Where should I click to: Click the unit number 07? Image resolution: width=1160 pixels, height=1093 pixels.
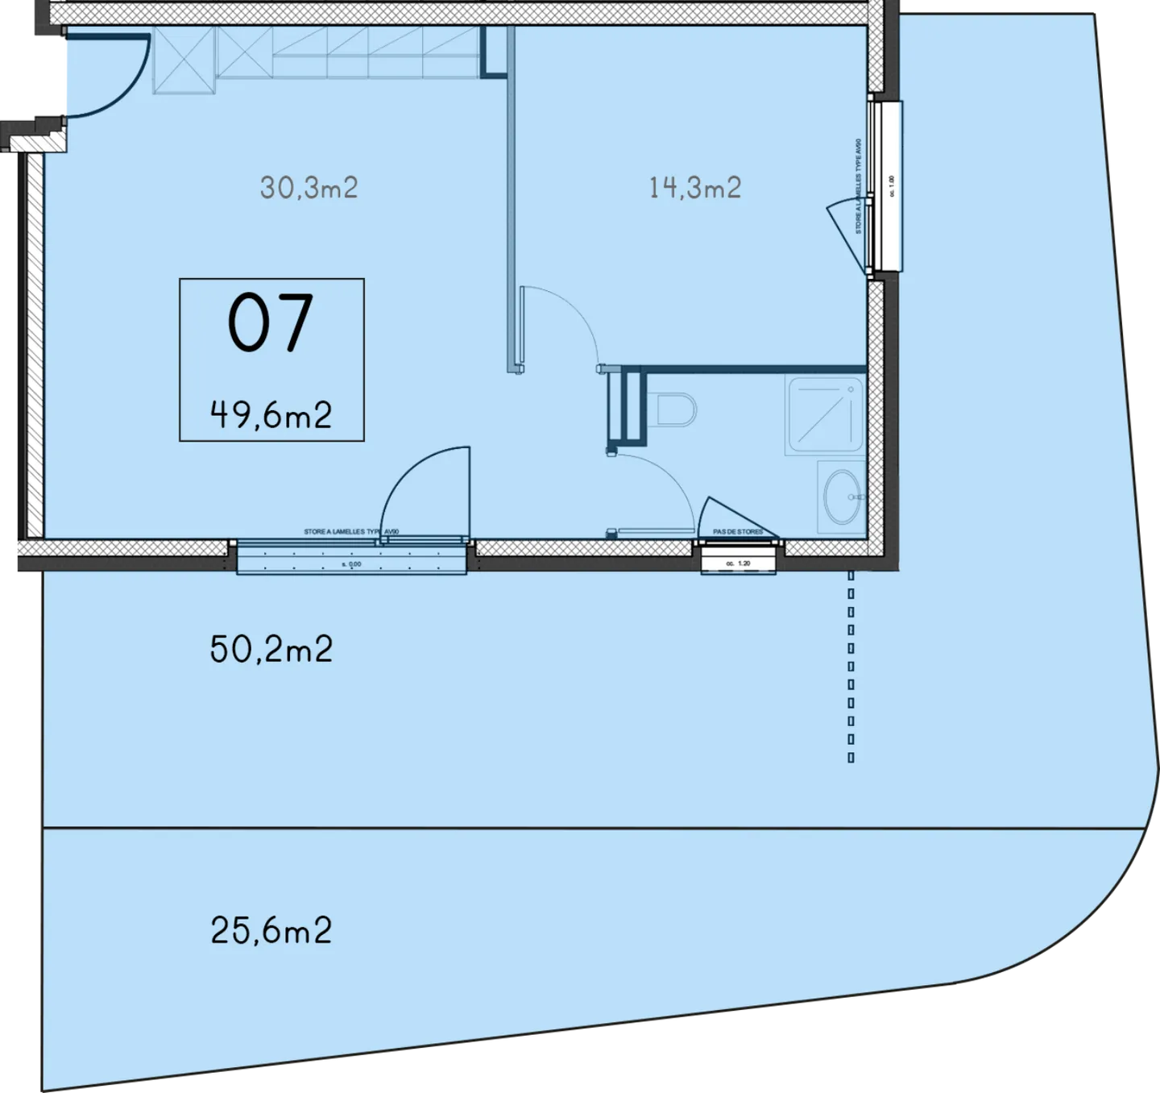pyautogui.click(x=270, y=323)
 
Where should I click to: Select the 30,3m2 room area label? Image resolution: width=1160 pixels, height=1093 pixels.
pyautogui.click(x=309, y=188)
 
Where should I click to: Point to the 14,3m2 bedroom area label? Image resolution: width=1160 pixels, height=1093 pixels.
pyautogui.click(x=694, y=188)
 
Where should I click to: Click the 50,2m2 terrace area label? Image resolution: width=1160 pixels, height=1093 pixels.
pyautogui.click(x=271, y=649)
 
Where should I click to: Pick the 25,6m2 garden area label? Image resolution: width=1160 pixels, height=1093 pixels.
pyautogui.click(x=271, y=931)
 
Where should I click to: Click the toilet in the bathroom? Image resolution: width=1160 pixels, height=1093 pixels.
pyautogui.click(x=675, y=409)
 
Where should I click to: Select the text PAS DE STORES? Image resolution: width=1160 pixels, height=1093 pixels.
pyautogui.click(x=738, y=533)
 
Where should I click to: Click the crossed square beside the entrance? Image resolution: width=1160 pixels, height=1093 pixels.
pyautogui.click(x=184, y=61)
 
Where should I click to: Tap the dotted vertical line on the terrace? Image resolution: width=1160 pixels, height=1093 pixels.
pyautogui.click(x=851, y=665)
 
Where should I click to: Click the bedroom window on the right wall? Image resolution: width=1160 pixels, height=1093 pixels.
pyautogui.click(x=887, y=186)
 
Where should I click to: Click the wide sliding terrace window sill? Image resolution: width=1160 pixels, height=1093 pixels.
pyautogui.click(x=352, y=558)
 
